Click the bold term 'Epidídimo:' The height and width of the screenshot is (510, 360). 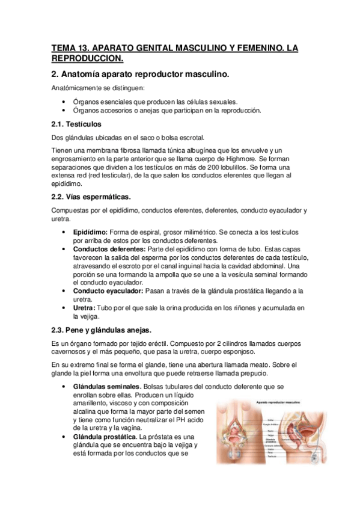pyautogui.click(x=90, y=232)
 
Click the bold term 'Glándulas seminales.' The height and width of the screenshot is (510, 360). pyautogui.click(x=107, y=386)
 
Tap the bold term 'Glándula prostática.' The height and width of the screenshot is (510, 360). pyautogui.click(x=105, y=436)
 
